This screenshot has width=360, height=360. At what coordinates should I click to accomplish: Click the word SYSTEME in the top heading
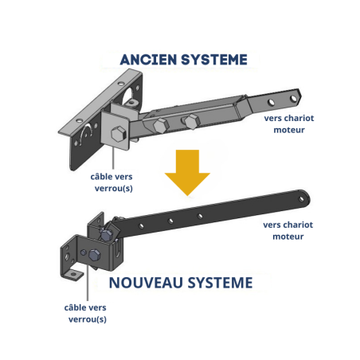213,59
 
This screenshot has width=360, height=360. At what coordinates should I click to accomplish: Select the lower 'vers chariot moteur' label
288,230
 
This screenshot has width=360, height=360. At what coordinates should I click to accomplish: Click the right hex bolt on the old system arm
191,120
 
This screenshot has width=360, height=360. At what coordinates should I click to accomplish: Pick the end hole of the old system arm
295,99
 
